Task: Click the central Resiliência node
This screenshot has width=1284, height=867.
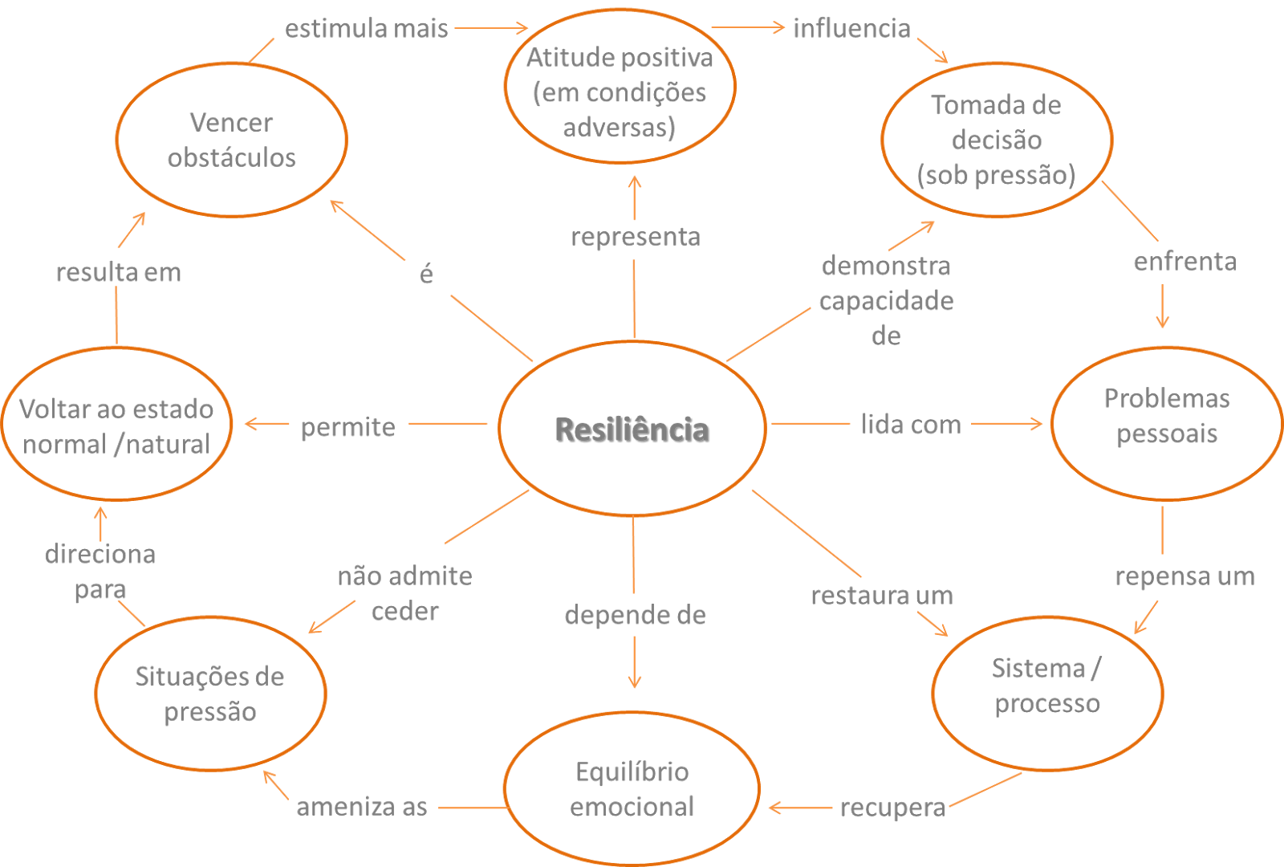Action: (x=632, y=429)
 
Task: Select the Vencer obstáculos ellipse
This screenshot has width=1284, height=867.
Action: (x=231, y=140)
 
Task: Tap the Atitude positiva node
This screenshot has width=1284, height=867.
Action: (x=620, y=92)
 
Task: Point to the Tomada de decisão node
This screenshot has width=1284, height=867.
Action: (x=996, y=140)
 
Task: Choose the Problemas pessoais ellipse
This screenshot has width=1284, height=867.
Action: (x=1166, y=416)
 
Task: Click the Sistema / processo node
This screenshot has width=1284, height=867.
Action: (x=1046, y=686)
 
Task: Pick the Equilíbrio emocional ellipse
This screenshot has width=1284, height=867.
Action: (x=632, y=789)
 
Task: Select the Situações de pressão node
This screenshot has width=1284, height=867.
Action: (x=209, y=694)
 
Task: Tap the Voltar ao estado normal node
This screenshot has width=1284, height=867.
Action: (x=116, y=425)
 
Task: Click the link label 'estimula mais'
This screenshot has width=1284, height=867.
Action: (x=366, y=29)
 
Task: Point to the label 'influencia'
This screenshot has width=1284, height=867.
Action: (x=851, y=29)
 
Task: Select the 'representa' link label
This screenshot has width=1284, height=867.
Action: (x=635, y=237)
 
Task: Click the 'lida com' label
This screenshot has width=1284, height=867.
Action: (x=911, y=424)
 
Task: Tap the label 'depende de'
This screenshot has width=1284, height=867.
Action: (x=635, y=615)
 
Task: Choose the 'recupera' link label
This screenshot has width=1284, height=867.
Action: (x=892, y=808)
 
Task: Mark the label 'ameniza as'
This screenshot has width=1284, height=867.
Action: (x=361, y=807)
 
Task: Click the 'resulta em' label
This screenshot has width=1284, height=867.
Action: (x=119, y=272)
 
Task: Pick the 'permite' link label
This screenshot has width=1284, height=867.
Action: (x=347, y=427)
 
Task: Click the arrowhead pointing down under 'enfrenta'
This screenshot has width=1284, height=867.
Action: (x=1162, y=321)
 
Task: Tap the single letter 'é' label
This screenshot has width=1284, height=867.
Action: (x=426, y=275)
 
